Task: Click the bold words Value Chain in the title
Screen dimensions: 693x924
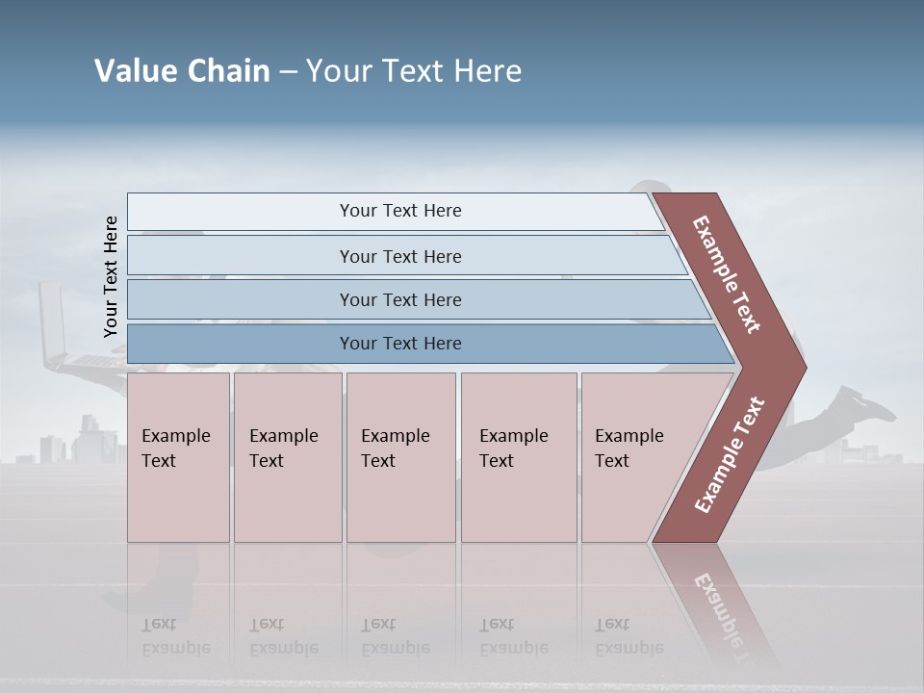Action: [182, 71]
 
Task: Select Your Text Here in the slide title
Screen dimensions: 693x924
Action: [414, 71]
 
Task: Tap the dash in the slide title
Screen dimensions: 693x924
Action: [288, 72]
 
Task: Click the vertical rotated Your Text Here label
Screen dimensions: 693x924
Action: [112, 276]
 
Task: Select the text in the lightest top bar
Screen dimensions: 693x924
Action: [400, 211]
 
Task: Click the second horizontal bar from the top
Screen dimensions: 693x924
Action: [400, 256]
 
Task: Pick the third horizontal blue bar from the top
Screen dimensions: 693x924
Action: [400, 299]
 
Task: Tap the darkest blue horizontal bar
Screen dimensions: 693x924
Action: [400, 344]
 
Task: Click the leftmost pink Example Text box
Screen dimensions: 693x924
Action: [177, 456]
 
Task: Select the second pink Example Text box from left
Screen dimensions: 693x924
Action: [287, 456]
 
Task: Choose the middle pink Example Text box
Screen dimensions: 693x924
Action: [400, 456]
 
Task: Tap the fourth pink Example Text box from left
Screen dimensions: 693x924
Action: [519, 456]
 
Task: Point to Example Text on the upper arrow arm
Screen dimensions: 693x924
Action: [727, 274]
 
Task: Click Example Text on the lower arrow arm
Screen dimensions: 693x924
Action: [730, 455]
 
